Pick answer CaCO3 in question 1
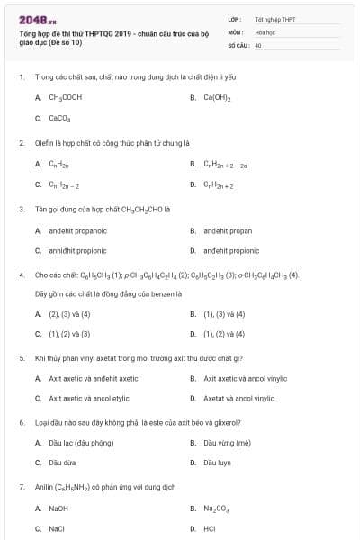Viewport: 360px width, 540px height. coord(60,118)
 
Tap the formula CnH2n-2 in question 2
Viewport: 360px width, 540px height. coord(65,184)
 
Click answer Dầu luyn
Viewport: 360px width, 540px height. coord(217,463)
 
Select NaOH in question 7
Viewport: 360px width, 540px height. coord(58,508)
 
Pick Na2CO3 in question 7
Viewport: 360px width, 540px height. coord(217,508)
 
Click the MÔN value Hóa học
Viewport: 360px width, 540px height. coord(265,31)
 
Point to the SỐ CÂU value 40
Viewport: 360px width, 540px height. coord(258,44)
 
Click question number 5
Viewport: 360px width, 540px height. coord(21,357)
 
